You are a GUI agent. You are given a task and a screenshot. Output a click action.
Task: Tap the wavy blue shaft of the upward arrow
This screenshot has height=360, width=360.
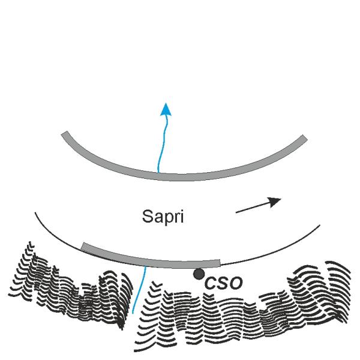pyautogui.click(x=163, y=145)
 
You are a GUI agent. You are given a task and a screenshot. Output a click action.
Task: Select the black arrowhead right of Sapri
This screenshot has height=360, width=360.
pyautogui.click(x=274, y=202)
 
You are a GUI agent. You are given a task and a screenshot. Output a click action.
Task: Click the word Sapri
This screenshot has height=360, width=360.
pyautogui.click(x=163, y=216)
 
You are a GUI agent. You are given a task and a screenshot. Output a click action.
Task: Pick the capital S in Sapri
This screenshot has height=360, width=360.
pyautogui.click(x=148, y=216)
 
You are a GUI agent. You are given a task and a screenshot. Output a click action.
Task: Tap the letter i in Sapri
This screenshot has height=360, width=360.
pyautogui.click(x=182, y=216)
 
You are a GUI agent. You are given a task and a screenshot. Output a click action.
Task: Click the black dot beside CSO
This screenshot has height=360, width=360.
pyautogui.click(x=199, y=274)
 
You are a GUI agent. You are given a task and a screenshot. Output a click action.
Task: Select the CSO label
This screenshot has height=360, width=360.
pyautogui.click(x=223, y=283)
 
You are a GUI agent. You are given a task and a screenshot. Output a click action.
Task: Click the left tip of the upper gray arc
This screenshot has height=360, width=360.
pyautogui.click(x=64, y=133)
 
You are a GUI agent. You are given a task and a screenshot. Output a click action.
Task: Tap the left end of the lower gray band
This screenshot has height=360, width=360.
pyautogui.click(x=83, y=246)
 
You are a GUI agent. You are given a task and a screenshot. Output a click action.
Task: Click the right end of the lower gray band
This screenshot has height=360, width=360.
pyautogui.click(x=220, y=263)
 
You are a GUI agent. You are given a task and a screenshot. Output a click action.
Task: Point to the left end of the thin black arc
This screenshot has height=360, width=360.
pyautogui.click(x=35, y=212)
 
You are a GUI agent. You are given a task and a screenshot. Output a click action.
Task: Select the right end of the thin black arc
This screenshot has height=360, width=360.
pyautogui.click(x=320, y=225)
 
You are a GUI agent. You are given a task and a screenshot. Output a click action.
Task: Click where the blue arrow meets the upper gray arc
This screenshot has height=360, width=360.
pyautogui.click(x=158, y=172)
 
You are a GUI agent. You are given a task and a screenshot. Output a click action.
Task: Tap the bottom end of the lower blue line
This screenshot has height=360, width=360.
pyautogui.click(x=133, y=313)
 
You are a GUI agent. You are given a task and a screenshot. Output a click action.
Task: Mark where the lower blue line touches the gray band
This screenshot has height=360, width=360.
pyautogui.click(x=145, y=266)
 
